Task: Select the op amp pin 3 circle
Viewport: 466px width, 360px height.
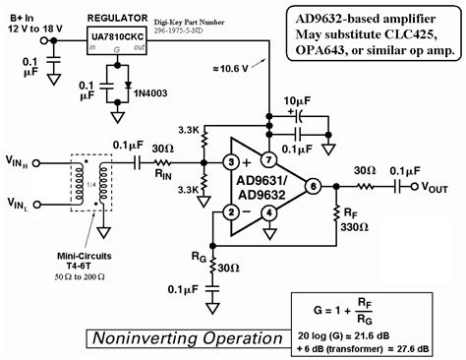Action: click(228, 161)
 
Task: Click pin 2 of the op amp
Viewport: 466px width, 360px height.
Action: click(228, 210)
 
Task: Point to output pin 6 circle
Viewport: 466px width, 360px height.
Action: click(314, 186)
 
